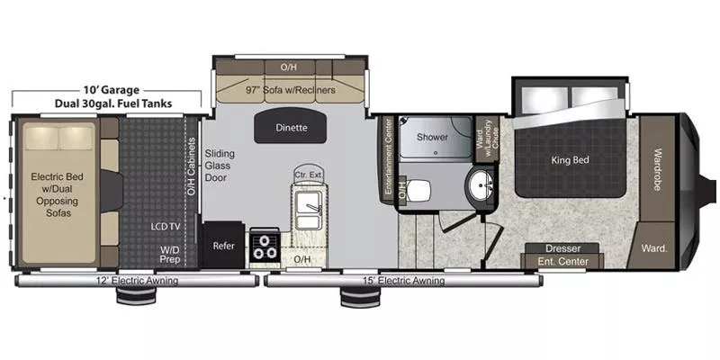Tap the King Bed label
click(569, 160)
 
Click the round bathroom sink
click(483, 187)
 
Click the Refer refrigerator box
click(222, 245)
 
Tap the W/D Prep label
click(169, 254)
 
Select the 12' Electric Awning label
click(137, 281)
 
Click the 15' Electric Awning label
click(401, 281)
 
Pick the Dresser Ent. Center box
click(562, 255)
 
